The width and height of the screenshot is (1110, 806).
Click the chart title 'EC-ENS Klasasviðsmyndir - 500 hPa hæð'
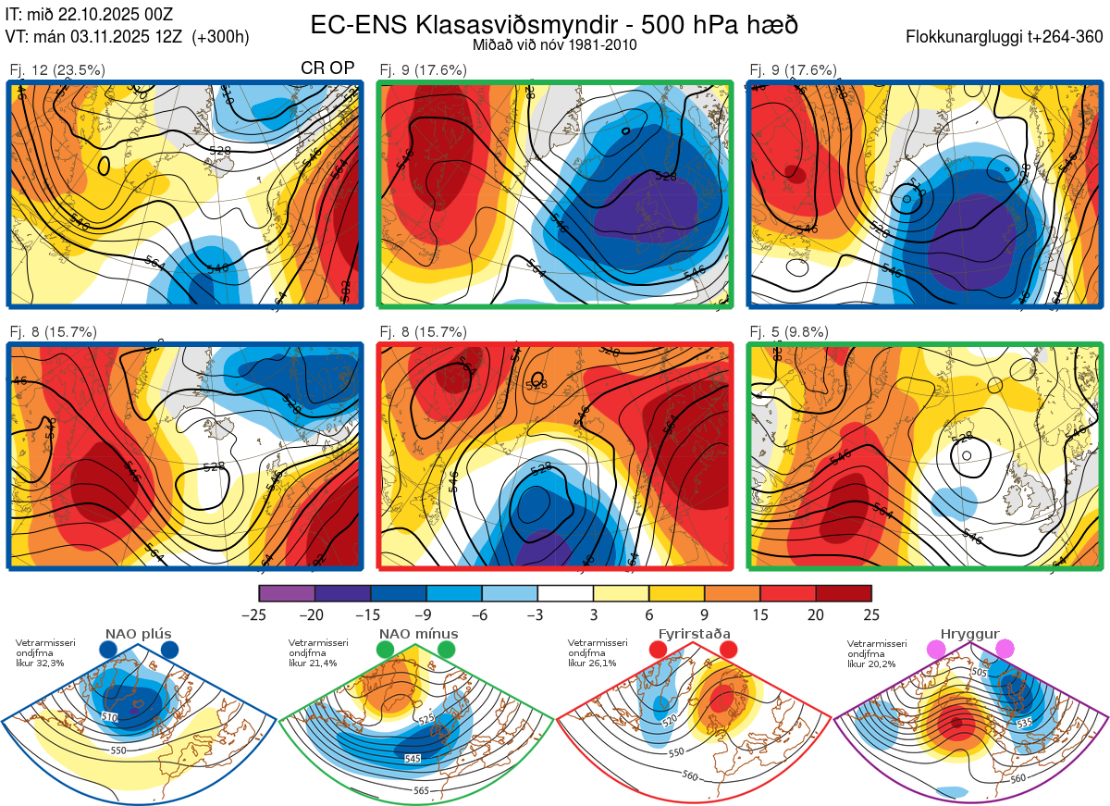(x=554, y=24)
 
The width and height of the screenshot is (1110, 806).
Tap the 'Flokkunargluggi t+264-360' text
(x=1006, y=37)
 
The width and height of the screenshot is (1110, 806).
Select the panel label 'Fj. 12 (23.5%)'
(x=57, y=69)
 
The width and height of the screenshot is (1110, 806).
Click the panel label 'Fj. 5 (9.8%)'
(x=788, y=332)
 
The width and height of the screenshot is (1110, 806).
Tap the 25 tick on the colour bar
(x=870, y=614)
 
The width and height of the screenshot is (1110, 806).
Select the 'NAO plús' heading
(x=139, y=634)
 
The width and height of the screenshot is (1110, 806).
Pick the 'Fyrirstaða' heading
(x=694, y=634)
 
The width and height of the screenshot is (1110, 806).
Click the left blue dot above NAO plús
(x=108, y=651)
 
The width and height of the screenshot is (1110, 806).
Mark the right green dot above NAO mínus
(x=448, y=651)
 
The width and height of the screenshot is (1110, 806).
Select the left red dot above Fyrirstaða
(x=659, y=651)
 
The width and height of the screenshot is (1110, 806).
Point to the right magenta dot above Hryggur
(x=1005, y=651)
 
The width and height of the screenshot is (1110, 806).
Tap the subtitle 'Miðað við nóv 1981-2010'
(x=554, y=44)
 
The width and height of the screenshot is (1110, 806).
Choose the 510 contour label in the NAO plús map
(x=109, y=717)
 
